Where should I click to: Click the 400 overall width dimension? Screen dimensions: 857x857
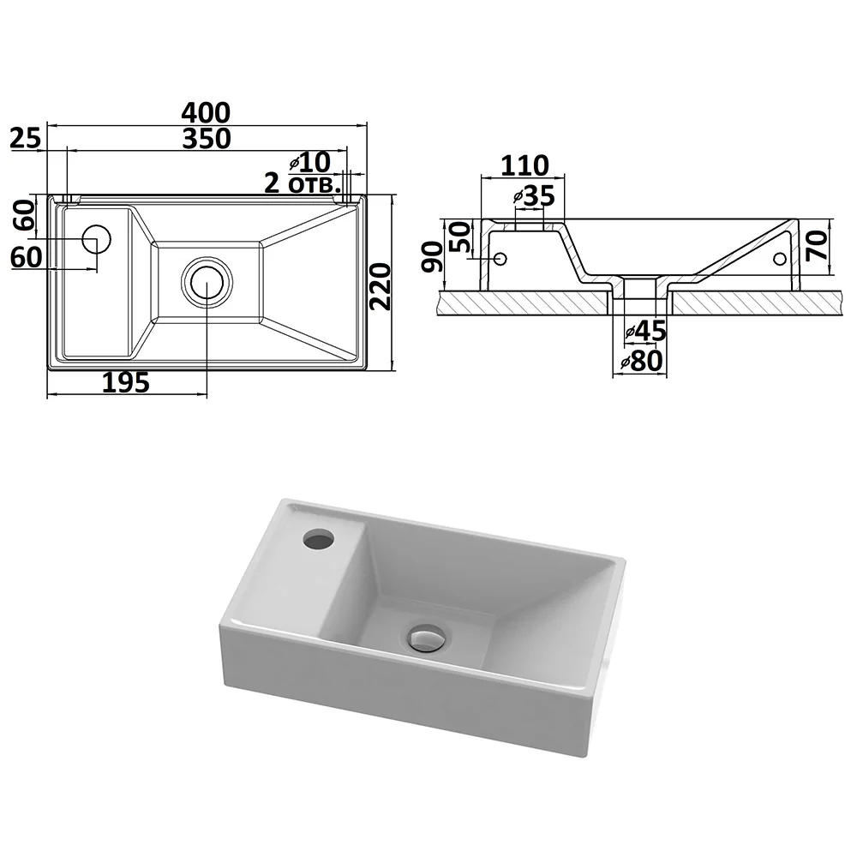(x=206, y=112)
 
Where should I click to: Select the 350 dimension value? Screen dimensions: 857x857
(x=207, y=139)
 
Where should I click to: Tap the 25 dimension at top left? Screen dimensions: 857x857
(x=26, y=138)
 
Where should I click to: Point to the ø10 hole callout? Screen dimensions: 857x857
(x=310, y=162)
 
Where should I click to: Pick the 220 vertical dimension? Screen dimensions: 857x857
(x=381, y=286)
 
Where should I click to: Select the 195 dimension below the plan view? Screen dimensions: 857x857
(x=126, y=382)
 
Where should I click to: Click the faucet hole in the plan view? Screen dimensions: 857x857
(x=97, y=239)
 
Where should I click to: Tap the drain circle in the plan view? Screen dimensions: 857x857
(x=207, y=283)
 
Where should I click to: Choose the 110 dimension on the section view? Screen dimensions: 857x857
(x=524, y=165)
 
